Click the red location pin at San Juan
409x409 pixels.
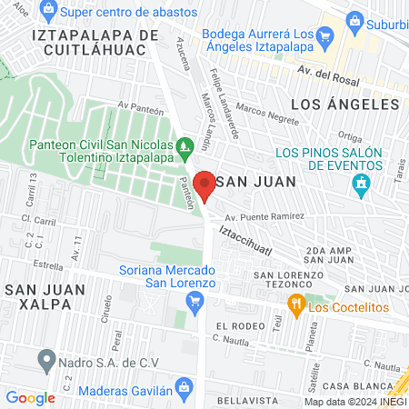(x=204, y=184)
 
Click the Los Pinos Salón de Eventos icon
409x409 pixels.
(x=363, y=185)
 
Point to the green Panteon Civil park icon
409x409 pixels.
(x=185, y=145)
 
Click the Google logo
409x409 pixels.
(x=30, y=397)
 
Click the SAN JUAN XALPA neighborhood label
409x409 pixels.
(x=45, y=297)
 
